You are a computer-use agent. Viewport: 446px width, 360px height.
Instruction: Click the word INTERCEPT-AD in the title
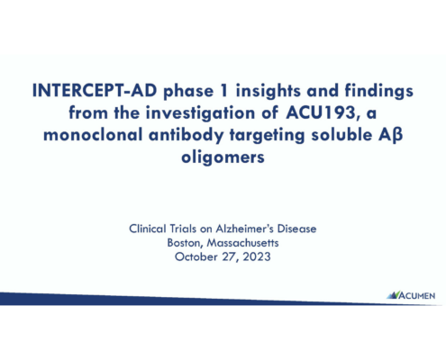pos(95,90)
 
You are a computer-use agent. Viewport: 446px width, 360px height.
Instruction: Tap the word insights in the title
pos(268,91)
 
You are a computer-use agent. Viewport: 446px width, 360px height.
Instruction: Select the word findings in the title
pos(378,91)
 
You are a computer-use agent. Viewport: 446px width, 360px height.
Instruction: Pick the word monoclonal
pos(93,135)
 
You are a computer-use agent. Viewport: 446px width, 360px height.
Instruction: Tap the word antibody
pos(187,136)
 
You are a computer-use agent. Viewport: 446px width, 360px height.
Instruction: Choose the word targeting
pos(268,136)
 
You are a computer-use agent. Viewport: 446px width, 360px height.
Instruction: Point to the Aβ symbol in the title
pos(390,136)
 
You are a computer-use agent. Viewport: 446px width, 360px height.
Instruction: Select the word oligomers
pos(223,157)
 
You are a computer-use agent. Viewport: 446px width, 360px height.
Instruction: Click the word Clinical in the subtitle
pos(148,229)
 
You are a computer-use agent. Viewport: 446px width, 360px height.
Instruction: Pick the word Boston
pos(185,243)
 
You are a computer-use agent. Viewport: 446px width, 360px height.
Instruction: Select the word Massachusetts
pos(242,243)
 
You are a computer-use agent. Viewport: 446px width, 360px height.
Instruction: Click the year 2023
pos(257,256)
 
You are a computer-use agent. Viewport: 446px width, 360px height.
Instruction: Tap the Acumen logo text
pos(416,296)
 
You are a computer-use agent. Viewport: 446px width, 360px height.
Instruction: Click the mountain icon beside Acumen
pos(393,295)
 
